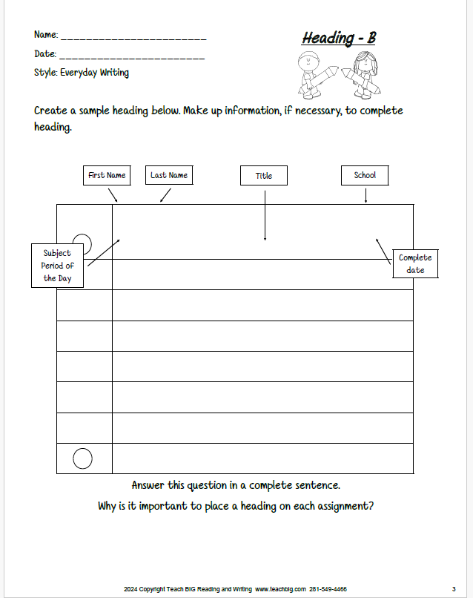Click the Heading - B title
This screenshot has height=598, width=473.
[339, 39]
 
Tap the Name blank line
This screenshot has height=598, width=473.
[133, 37]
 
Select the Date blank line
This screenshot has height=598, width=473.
[131, 56]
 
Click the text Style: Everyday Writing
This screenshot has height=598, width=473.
[82, 73]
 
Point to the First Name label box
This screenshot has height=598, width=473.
[106, 176]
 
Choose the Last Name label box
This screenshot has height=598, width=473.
[168, 176]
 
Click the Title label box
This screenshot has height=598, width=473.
[264, 176]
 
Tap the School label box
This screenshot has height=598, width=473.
[365, 176]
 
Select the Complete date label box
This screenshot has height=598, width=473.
[415, 263]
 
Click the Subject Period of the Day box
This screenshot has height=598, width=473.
[58, 266]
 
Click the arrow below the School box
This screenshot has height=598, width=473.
[365, 194]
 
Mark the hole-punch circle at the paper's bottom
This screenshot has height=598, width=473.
[83, 459]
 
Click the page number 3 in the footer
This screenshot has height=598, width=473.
[453, 588]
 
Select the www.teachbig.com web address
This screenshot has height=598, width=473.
[280, 588]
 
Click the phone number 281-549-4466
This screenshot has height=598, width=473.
[328, 588]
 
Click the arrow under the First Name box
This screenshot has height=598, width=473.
[113, 194]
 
